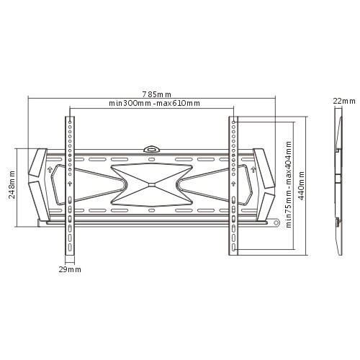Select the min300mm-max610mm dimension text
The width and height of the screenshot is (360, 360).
(x=154, y=104)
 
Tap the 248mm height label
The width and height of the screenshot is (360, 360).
(x=12, y=186)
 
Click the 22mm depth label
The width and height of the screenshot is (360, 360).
(x=343, y=102)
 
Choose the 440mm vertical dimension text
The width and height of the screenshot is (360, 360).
(x=302, y=186)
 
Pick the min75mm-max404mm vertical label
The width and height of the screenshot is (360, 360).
(x=288, y=186)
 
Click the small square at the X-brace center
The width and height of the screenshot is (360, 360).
(x=150, y=184)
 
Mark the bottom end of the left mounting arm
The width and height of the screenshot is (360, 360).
(x=70, y=253)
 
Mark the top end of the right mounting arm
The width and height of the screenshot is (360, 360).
(x=233, y=119)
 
